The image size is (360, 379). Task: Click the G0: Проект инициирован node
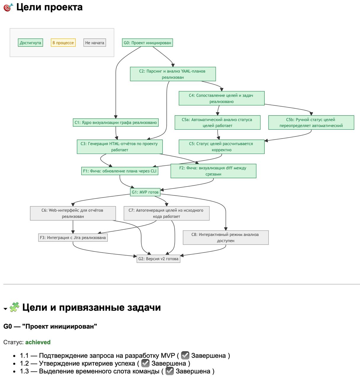coord(147,43)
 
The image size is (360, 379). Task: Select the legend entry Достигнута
coord(30,43)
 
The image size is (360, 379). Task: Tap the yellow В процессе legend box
coord(63,43)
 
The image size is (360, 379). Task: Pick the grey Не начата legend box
coord(94,43)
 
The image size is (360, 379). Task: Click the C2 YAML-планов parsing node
coord(173,74)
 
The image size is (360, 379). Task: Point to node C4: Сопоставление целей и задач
coord(221,98)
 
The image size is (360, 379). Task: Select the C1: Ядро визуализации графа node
coord(115,123)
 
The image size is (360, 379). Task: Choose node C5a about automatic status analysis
coord(217,123)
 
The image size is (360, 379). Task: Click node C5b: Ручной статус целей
coord(311,123)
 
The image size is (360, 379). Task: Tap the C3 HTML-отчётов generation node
coord(119,147)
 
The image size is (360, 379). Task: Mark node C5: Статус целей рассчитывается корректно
coord(221,147)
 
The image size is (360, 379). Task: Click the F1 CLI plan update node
coord(120,171)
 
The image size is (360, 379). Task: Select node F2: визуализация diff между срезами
coord(213,171)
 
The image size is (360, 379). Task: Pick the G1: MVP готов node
coord(145,192)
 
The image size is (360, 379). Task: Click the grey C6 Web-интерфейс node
coord(73,213)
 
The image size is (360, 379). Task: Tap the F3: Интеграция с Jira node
coord(73,237)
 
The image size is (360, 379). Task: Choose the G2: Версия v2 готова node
coord(158,259)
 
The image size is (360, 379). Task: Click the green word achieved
coord(38,342)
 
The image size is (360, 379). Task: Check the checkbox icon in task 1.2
coord(145,363)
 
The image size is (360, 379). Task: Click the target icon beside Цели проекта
coord(8,7)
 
